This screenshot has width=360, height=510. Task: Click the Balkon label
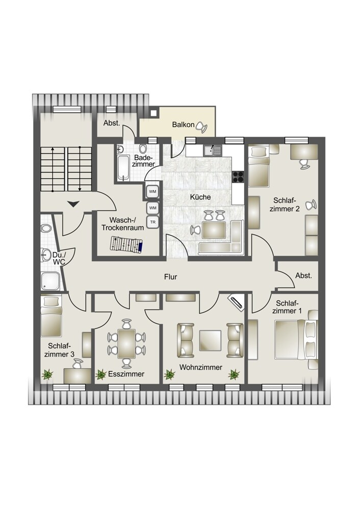tap(183, 124)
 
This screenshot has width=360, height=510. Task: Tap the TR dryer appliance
tap(152, 222)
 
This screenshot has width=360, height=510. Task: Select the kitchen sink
tap(212, 150)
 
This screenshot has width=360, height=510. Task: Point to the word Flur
tap(170, 277)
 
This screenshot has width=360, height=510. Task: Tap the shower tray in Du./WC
tap(50, 282)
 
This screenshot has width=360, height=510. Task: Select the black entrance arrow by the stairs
tap(73, 204)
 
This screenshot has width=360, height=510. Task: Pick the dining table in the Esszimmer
tap(126, 343)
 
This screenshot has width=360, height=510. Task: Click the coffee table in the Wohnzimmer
tap(210, 341)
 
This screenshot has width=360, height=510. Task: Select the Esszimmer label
tap(126, 374)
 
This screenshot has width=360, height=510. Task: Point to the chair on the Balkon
tap(201, 125)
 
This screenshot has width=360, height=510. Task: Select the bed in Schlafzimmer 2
tap(259, 167)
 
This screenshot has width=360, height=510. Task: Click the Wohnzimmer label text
tap(200, 367)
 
